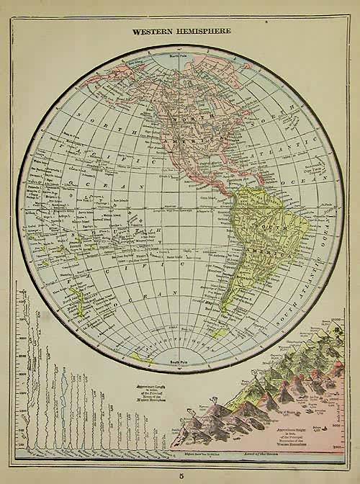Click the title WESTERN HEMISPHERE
(180, 32)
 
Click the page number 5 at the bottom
(180, 473)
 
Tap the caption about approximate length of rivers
(148, 394)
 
